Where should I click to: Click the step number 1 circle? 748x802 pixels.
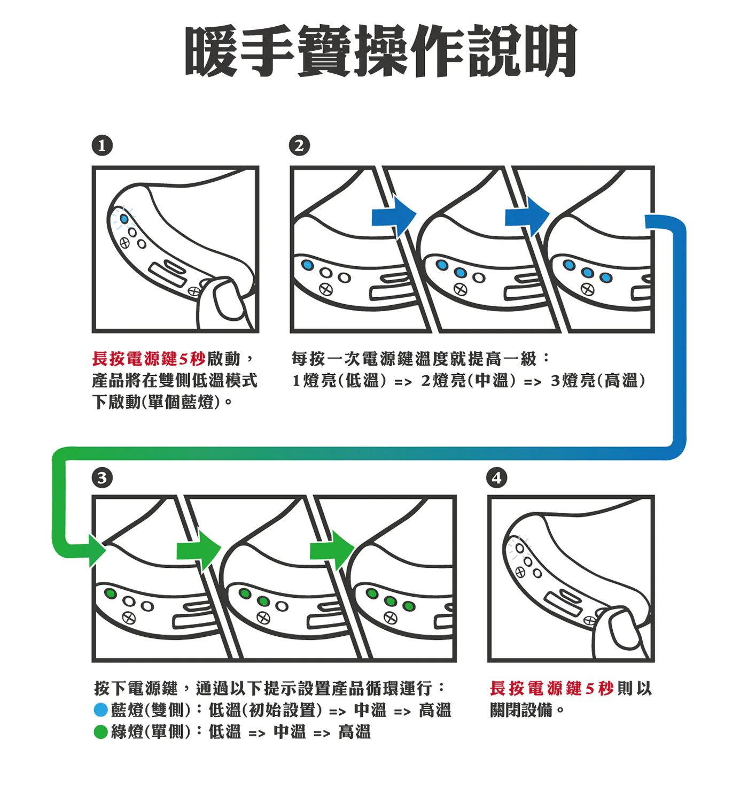(x=102, y=145)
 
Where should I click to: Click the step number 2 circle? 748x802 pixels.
(x=299, y=145)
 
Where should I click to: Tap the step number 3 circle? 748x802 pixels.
(x=102, y=477)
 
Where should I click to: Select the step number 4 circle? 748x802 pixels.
(x=497, y=477)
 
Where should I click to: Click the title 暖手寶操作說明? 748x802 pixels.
(x=380, y=51)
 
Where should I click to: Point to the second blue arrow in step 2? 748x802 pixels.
(x=527, y=217)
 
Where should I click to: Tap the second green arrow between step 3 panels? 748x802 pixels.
(x=332, y=550)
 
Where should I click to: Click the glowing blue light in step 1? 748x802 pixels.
(x=124, y=219)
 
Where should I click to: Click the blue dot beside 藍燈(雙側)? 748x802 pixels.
(x=100, y=710)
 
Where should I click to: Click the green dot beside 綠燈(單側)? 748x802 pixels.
(x=100, y=732)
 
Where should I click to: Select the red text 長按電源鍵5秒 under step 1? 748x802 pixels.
(x=149, y=359)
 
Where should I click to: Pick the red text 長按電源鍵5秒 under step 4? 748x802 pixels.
(x=551, y=688)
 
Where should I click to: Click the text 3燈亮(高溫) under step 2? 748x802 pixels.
(x=598, y=381)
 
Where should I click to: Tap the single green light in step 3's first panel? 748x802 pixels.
(x=111, y=593)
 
